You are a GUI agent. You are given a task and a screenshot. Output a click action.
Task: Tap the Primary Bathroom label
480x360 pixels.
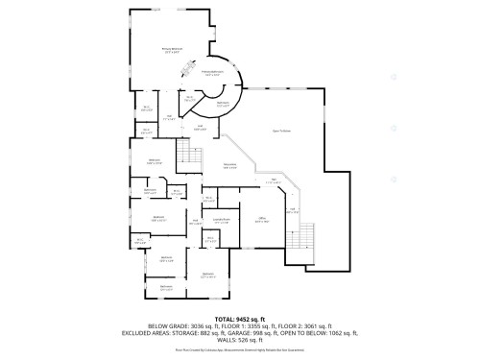[x=212, y=73]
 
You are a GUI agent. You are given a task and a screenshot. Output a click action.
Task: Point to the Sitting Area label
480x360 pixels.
[x=229, y=166]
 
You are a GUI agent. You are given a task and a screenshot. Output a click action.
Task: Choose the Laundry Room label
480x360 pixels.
[x=222, y=221]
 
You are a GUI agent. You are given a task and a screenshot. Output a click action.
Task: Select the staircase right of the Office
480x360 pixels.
[x=307, y=235]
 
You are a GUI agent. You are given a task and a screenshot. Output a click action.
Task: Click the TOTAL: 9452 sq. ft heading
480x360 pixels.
[x=238, y=317]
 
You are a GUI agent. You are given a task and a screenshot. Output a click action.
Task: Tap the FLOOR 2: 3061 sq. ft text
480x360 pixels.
[x=304, y=325]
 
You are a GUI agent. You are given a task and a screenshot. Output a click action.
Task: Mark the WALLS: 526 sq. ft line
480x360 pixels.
[x=238, y=341]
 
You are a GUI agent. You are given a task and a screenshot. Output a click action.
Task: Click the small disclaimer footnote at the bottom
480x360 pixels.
[x=238, y=350]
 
